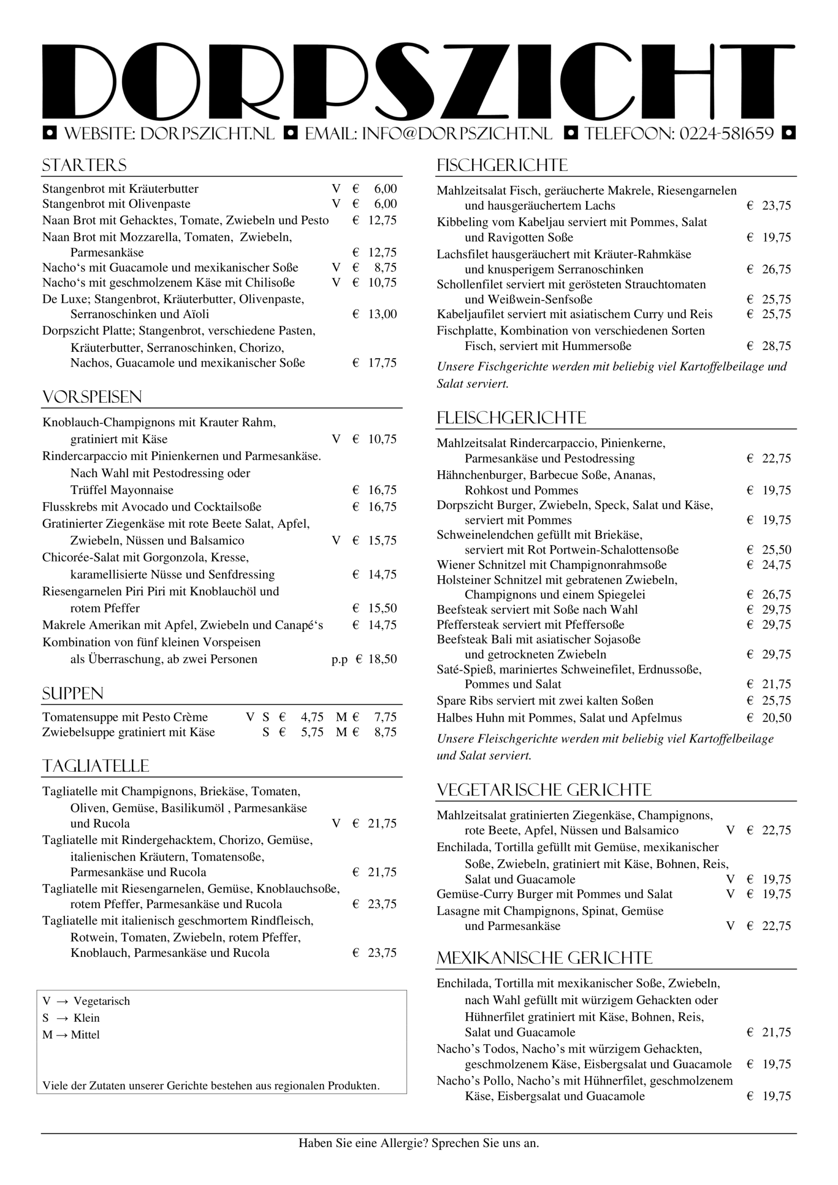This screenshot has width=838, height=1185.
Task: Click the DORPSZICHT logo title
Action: click(418, 81)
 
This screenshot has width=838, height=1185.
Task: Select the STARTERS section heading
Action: click(84, 166)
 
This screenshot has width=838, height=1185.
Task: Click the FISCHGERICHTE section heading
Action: click(502, 166)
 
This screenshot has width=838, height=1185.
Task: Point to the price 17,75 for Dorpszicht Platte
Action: click(382, 363)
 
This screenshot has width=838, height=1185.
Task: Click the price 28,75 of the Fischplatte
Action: click(776, 346)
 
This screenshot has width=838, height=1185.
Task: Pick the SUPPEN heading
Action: click(73, 694)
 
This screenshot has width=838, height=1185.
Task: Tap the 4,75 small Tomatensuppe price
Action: click(312, 717)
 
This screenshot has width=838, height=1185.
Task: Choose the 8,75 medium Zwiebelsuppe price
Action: click(385, 732)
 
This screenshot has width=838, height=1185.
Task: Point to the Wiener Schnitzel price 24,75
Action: click(776, 565)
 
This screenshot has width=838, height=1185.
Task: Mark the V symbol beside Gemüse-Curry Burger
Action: click(730, 894)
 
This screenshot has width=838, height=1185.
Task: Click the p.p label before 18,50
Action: click(339, 659)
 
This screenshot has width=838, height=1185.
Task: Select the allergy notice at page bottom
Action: click(418, 1143)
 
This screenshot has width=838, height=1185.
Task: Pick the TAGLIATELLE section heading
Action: click(95, 766)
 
